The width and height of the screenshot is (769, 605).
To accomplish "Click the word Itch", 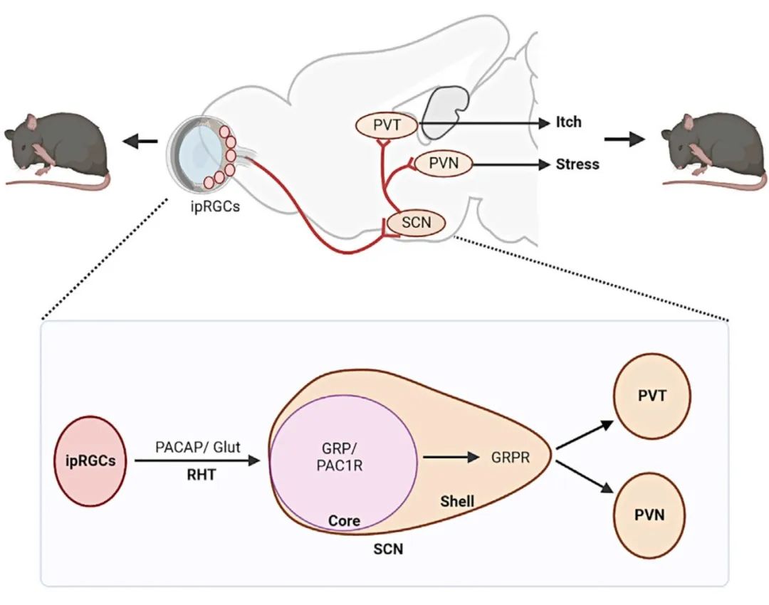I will [568, 122].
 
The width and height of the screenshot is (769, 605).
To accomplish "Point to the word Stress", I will [577, 164].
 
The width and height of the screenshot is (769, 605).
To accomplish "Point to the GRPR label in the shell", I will [510, 458].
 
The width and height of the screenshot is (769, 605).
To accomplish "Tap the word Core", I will [344, 520].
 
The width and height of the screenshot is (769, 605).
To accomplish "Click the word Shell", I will [457, 502].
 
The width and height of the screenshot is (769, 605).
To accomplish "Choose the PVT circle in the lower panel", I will [653, 395].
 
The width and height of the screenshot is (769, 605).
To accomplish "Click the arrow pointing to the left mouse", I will [147, 142].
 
